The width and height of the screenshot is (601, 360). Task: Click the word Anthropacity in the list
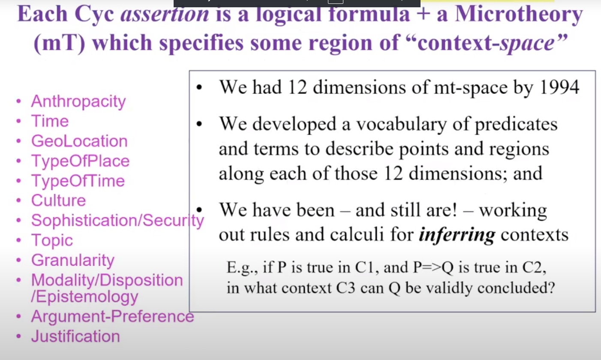coord(78,102)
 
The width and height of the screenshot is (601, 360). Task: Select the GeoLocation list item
coord(79,141)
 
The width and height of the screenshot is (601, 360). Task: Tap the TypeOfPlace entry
coord(80,161)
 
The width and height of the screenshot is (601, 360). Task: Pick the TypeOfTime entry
coord(78,180)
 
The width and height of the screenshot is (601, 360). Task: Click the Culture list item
coord(58,201)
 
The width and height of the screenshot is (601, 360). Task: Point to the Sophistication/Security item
coord(117,221)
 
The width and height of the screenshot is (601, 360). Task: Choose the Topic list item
coord(52,240)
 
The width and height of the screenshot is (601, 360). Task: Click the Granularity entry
coord(73,260)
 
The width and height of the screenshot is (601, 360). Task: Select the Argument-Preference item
coord(112,316)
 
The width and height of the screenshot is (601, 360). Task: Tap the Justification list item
coord(75,336)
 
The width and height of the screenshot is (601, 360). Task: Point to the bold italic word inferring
coord(457,235)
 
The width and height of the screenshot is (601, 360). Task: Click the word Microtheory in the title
coord(519,14)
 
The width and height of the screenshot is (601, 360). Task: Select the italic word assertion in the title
coord(165,14)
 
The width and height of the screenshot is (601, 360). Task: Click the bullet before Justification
coord(18,336)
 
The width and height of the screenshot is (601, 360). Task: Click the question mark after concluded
coord(551,288)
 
